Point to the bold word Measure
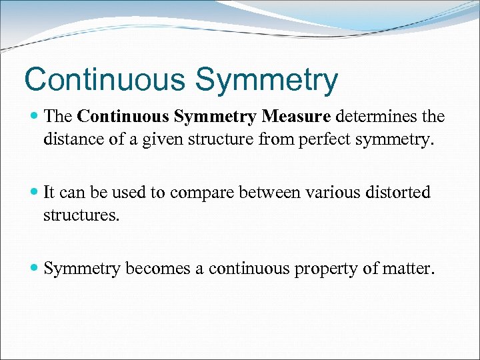click(296, 117)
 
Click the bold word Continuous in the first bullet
click(123, 117)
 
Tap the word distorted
click(399, 193)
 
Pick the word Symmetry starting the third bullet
click(82, 269)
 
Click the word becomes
click(156, 268)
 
